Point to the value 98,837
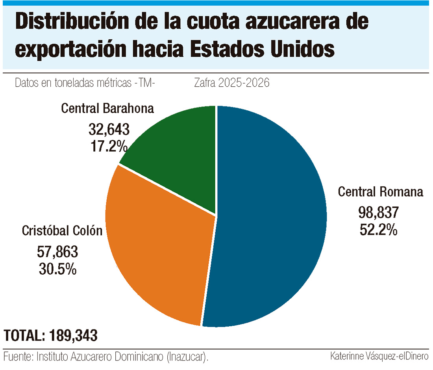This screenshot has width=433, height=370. click(x=378, y=213)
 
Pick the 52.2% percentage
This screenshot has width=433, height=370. click(x=378, y=229)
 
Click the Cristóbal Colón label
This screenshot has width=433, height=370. click(x=62, y=231)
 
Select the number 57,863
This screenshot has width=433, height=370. click(x=57, y=251)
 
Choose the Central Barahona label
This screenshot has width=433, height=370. click(x=107, y=108)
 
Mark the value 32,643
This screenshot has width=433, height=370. click(x=109, y=129)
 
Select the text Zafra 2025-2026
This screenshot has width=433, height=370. click(x=232, y=83)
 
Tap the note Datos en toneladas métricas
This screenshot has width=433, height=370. click(x=84, y=83)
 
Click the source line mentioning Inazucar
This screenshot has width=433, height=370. click(x=105, y=357)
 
